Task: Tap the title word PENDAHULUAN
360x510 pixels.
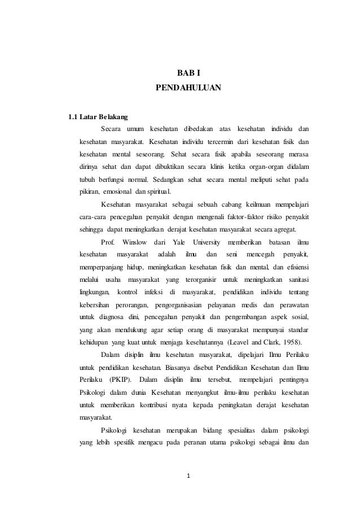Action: coord(188,89)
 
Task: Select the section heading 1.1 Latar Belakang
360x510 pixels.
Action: coord(98,118)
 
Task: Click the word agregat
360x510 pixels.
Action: coord(289,230)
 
